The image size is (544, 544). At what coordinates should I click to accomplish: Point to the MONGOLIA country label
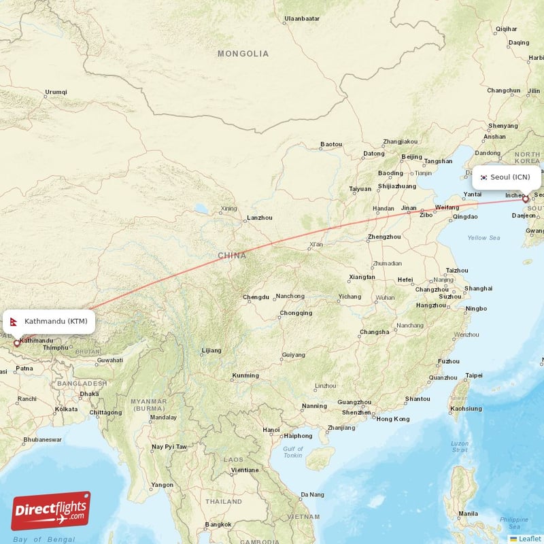[243, 54]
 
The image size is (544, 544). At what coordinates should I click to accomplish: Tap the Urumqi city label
[56, 92]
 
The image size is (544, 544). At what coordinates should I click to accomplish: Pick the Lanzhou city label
[260, 218]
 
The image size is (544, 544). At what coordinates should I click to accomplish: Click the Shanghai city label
[478, 288]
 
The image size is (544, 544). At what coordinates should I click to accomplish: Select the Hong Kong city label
[392, 419]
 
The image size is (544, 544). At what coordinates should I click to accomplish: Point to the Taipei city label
[473, 375]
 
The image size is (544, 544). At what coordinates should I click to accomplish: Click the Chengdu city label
[256, 297]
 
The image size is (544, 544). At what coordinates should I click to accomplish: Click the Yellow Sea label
[483, 238]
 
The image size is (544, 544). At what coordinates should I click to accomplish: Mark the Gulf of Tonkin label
[293, 452]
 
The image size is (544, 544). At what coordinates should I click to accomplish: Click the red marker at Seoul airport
[526, 199]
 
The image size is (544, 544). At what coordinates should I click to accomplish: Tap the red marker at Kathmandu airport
[17, 343]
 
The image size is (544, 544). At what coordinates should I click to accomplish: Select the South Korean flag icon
[483, 177]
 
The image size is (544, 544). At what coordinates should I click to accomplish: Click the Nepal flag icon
[15, 321]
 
